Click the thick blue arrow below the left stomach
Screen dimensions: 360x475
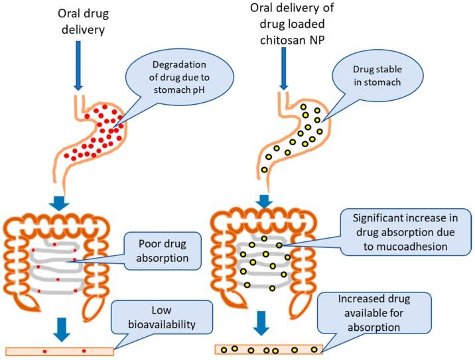click(x=59, y=202)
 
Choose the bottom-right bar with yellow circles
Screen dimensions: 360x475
click(x=269, y=349)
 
